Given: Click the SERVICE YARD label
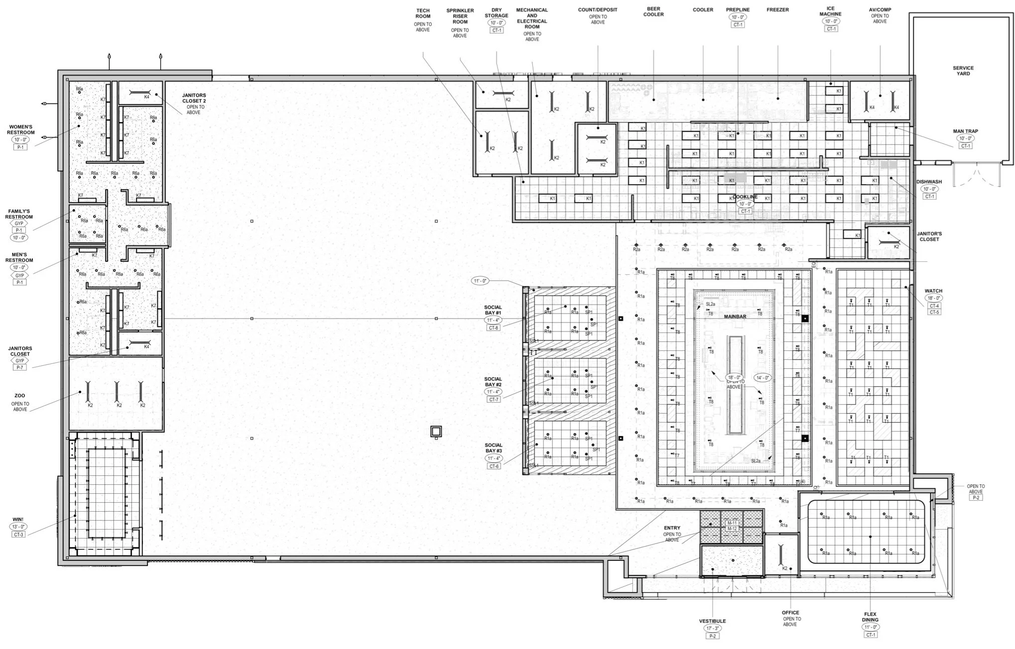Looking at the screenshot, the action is coord(963,71).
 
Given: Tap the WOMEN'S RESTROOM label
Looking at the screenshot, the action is coord(20,130).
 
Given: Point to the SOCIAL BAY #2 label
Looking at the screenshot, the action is coord(493,382).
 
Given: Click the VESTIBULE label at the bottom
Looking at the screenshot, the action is coord(712,621).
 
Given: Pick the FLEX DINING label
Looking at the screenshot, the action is coord(870,617).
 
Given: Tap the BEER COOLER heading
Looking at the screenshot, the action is coord(653,11).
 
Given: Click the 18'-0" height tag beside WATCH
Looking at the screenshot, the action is coord(933,298).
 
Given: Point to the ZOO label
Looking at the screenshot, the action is coord(20,396).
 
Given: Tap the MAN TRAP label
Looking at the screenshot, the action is coord(965,131).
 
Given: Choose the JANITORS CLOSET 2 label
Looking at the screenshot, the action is coord(194,98).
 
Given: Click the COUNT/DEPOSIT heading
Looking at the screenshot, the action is coord(597,10).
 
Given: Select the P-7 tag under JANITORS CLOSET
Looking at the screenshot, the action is coord(19,367).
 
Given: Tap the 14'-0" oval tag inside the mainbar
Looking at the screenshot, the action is coord(762,377).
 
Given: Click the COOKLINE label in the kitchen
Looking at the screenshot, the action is coord(745,197).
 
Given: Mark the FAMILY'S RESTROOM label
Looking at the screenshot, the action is coord(19,214).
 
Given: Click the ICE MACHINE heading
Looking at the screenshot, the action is coord(830,11).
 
